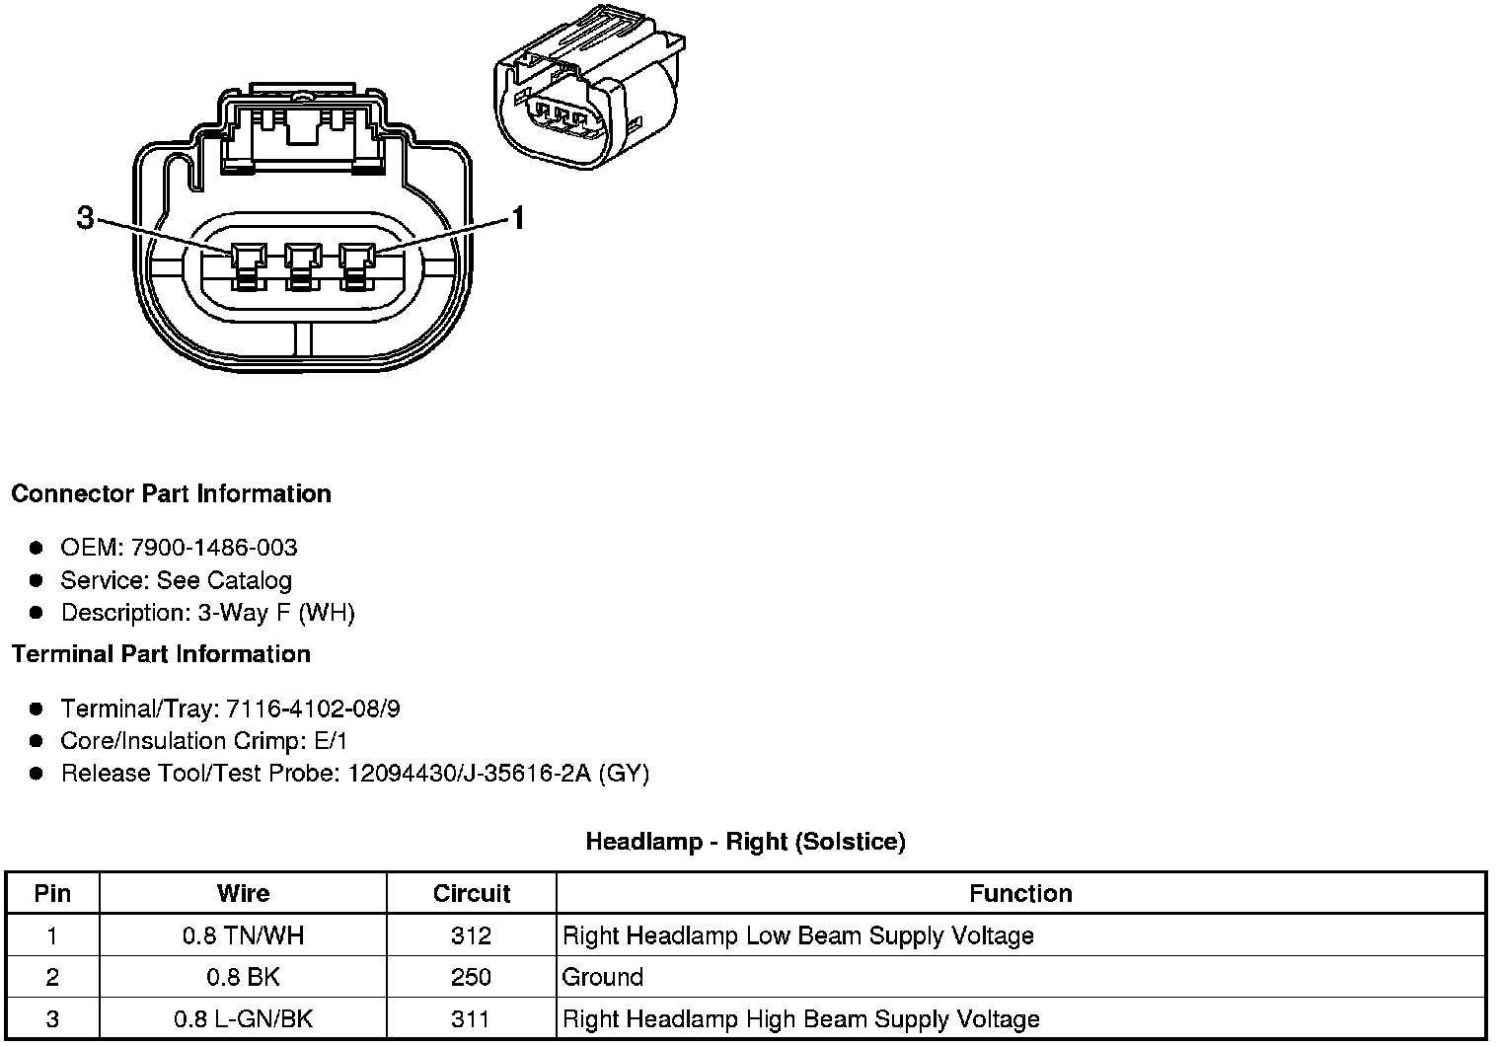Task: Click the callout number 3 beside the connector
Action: pyautogui.click(x=85, y=217)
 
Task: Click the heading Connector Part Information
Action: pyautogui.click(x=171, y=493)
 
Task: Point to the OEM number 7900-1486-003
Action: pyautogui.click(x=214, y=548)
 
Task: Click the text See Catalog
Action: pyautogui.click(x=224, y=580)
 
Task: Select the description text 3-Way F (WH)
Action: pyautogui.click(x=276, y=613)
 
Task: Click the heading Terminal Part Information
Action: pyautogui.click(x=161, y=654)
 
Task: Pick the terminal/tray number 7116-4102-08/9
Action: pyautogui.click(x=314, y=709)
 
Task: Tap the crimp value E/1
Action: pyautogui.click(x=329, y=741)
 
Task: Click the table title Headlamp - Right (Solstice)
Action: pyautogui.click(x=745, y=842)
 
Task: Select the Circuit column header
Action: pyautogui.click(x=471, y=894)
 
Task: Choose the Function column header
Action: pyautogui.click(x=1020, y=894)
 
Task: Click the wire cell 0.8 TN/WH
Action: pyautogui.click(x=243, y=935)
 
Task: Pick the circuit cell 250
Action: pyautogui.click(x=471, y=977)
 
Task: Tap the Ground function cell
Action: pyautogui.click(x=602, y=977)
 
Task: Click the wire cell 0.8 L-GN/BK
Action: pyautogui.click(x=243, y=1019)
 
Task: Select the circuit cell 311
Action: pyautogui.click(x=471, y=1019)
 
